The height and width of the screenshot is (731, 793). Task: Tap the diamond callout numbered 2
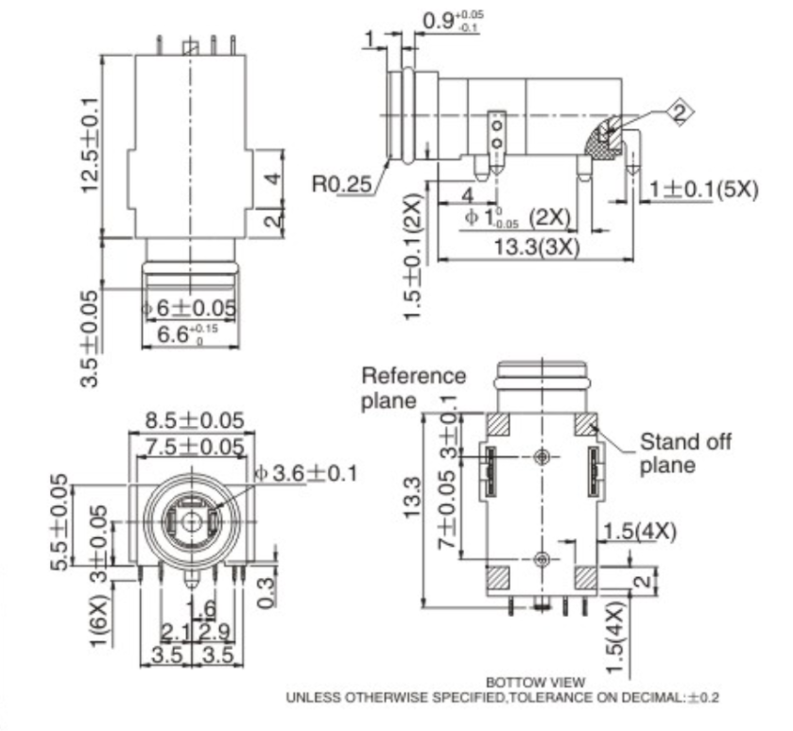tap(678, 112)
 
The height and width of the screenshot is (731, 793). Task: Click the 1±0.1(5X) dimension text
tap(703, 188)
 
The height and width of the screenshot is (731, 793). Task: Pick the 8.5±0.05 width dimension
tap(194, 419)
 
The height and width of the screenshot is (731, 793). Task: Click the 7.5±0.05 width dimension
tap(194, 445)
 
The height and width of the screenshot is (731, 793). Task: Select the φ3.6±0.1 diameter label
tap(306, 472)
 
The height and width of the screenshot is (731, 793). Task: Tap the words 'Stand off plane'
tap(685, 452)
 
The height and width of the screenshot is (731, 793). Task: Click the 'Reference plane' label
tap(413, 387)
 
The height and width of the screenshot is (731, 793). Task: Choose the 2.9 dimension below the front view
tap(216, 629)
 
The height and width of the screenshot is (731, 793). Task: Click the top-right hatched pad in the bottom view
tap(586, 424)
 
